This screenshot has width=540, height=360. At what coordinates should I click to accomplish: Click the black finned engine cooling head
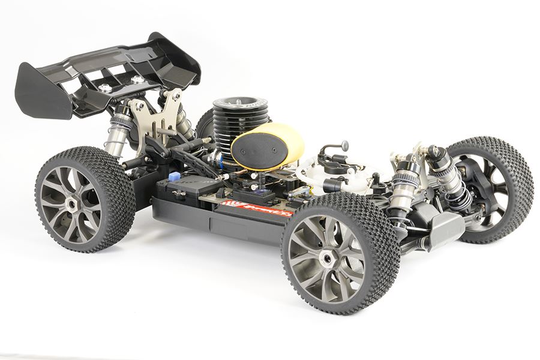[229, 123]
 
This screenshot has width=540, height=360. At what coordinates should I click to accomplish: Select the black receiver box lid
[186, 192]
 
